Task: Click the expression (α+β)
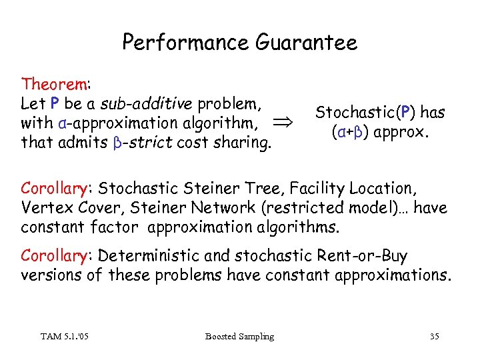point(351,131)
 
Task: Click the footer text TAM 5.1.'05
point(65,336)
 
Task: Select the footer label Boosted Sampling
point(239,336)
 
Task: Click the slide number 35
point(434,336)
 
